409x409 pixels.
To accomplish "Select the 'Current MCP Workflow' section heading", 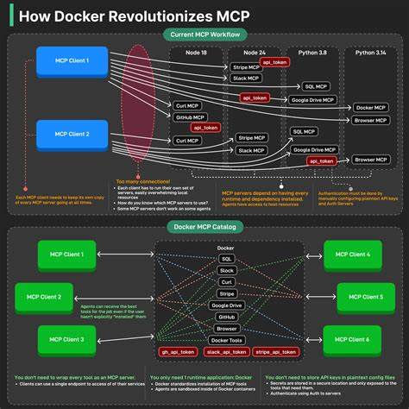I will point(204,35).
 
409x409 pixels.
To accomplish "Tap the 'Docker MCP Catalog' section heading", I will point(204,227).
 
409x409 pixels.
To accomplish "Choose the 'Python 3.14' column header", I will point(369,52).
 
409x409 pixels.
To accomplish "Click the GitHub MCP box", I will point(190,116).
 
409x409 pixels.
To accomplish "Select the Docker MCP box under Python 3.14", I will point(370,107).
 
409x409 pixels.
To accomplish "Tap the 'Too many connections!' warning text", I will point(144,181).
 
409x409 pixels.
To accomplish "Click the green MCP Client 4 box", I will point(354,254).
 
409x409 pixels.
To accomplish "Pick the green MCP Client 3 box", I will point(66,339).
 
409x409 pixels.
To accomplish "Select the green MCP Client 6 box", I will point(354,339).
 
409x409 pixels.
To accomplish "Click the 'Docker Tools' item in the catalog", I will point(227,340).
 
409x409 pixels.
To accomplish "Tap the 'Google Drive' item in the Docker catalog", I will point(227,305).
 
